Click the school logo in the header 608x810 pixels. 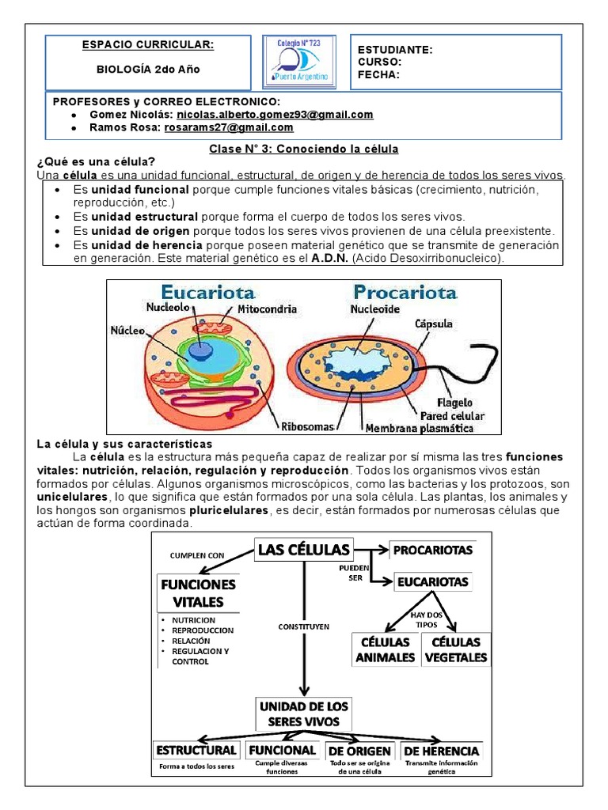298,61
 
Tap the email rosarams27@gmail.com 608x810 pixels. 229,127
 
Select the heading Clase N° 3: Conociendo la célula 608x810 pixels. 303,149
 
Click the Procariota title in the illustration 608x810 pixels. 405,292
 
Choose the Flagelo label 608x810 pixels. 455,402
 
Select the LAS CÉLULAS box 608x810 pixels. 303,550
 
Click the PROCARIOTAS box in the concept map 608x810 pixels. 432,550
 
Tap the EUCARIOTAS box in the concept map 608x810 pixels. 432,582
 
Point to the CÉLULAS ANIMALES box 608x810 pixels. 385,649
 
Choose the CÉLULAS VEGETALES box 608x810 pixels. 456,649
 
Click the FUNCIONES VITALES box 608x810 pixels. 198,593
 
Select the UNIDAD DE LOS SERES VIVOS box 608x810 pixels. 303,713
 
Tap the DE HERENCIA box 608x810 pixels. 441,750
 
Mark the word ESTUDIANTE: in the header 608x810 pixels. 395,50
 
